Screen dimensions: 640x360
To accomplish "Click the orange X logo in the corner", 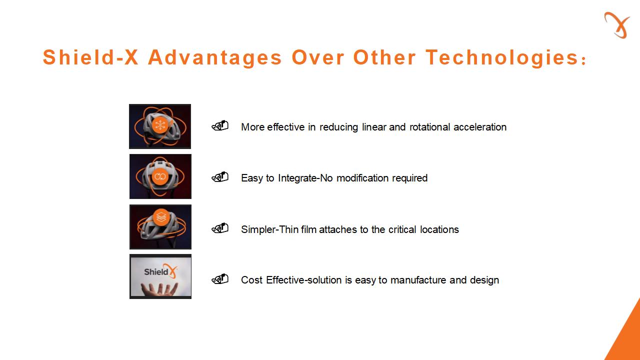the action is point(617,25).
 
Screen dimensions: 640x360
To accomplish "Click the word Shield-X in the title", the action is point(90,57).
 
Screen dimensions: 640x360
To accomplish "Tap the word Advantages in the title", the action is point(215,58).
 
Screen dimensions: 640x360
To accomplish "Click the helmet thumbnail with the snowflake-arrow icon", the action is point(160,126).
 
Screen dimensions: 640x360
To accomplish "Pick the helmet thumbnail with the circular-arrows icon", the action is point(160,176).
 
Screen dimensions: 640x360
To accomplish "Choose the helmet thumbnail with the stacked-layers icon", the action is point(160,227).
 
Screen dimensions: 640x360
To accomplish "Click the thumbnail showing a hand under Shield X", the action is point(160,276).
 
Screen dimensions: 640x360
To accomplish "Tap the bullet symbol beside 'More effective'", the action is point(220,125).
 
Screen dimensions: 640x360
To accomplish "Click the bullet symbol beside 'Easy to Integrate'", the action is point(220,177).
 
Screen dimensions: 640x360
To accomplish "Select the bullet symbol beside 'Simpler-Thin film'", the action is point(220,228).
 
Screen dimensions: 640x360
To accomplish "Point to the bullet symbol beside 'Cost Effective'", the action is point(220,279).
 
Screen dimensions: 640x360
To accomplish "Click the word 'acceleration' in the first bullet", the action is point(480,127).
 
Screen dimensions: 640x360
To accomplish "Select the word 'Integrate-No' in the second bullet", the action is point(305,178).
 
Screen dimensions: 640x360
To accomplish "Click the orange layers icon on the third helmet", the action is point(161,217).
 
